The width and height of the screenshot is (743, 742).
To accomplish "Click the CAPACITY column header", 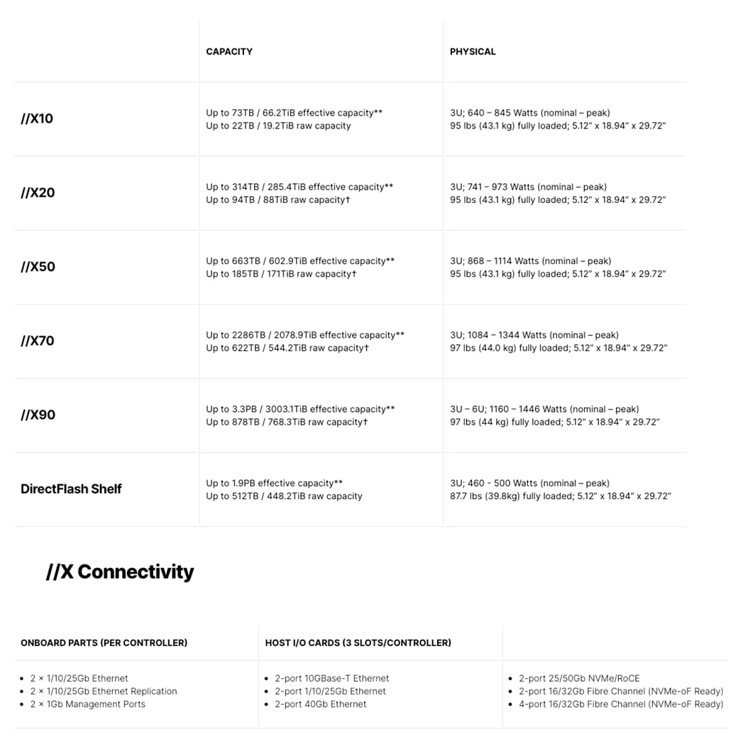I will click(x=229, y=52).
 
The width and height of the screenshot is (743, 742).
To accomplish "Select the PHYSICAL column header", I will click(x=473, y=52).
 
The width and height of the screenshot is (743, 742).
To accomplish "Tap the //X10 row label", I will click(x=37, y=119).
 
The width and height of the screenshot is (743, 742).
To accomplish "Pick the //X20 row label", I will click(x=38, y=192).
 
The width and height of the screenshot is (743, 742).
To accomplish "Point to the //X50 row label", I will click(x=38, y=267).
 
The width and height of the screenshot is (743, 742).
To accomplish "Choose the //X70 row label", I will click(x=38, y=341).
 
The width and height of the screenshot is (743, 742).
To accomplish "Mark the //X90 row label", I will click(x=38, y=415).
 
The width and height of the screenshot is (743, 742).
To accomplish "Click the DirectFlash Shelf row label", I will click(x=71, y=489).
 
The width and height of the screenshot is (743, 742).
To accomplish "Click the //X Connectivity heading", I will click(x=120, y=572).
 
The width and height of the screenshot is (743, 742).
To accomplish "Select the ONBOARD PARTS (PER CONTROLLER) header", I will click(x=104, y=643).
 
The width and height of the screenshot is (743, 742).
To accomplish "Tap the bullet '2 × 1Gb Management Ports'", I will click(x=87, y=704).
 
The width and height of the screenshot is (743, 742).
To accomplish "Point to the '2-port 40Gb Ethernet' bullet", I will click(x=320, y=704).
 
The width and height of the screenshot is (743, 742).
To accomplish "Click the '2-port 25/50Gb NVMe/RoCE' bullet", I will click(x=579, y=678).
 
